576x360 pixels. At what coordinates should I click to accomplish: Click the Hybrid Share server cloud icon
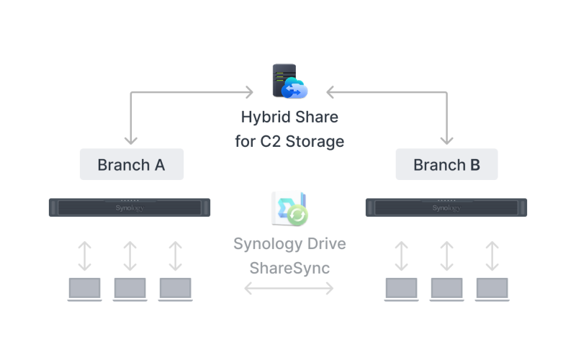tap(289, 81)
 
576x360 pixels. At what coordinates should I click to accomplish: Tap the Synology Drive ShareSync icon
tap(289, 209)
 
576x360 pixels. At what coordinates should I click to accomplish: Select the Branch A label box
tap(132, 164)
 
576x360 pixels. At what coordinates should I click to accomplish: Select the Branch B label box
tap(446, 164)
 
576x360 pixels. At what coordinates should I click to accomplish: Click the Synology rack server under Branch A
tap(130, 207)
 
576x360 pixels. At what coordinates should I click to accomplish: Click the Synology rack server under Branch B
tap(446, 207)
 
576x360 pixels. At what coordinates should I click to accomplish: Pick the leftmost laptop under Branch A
tap(85, 289)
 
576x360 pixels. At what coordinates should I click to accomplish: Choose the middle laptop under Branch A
tap(130, 289)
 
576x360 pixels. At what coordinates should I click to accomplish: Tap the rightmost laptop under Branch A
tap(176, 289)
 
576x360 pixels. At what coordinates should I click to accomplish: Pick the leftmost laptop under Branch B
tap(402, 289)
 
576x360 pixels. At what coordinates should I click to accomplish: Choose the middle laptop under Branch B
tap(447, 289)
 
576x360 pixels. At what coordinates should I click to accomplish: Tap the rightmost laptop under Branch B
tap(492, 289)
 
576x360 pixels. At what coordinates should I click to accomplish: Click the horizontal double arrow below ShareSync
tap(289, 289)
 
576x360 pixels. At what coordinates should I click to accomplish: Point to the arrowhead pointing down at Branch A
tap(130, 139)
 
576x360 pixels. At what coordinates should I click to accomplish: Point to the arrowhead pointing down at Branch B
tap(447, 139)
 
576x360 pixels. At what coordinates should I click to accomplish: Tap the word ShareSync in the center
tap(289, 268)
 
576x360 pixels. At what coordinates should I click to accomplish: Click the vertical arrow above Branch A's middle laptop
tap(130, 255)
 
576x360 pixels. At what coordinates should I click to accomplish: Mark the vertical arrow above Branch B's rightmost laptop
tap(492, 255)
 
